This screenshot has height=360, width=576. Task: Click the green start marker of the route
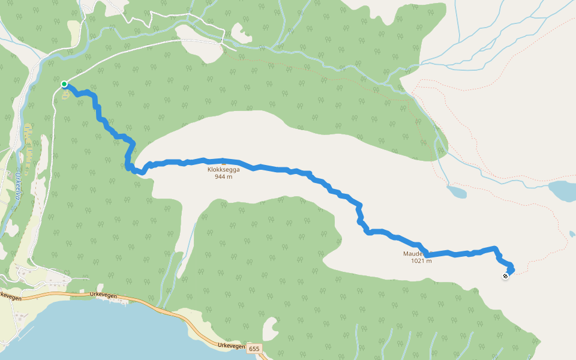pos(64,84)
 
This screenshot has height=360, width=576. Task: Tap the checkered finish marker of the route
pos(506,276)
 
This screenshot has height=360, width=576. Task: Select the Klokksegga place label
pos(223,170)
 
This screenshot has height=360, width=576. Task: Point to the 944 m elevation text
pos(223,177)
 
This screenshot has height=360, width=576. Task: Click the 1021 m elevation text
pos(421,261)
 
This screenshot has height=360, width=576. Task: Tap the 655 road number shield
pos(254,349)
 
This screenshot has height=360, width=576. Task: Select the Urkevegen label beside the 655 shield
pos(231,346)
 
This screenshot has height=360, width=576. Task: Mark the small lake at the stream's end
pos(457,193)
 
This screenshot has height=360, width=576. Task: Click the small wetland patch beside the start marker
pos(64,95)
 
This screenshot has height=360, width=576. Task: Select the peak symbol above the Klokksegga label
pos(223,163)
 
